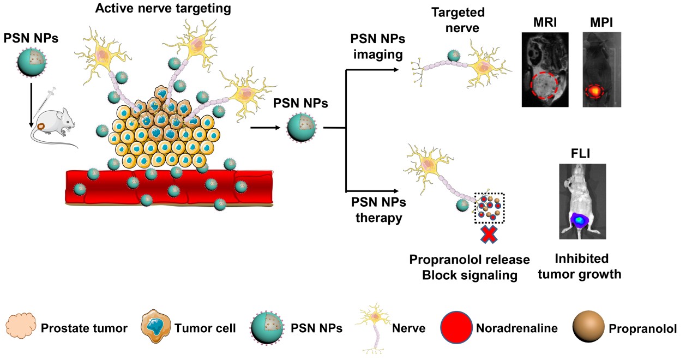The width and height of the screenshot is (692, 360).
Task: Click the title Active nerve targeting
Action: tap(163, 9)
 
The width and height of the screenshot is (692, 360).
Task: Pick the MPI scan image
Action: tap(601, 69)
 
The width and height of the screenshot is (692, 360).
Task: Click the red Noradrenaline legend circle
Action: tap(456, 328)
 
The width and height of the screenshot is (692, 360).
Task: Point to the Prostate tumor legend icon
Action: tap(20, 328)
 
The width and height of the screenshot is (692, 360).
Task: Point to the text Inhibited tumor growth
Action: tap(579, 266)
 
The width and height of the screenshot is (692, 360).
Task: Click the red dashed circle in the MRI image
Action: tap(543, 87)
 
